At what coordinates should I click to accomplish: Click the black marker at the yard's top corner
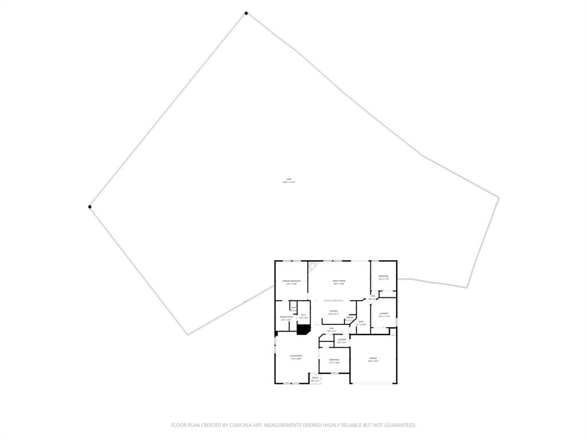pyautogui.click(x=246, y=13)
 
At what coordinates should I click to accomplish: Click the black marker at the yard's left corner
pyautogui.click(x=89, y=207)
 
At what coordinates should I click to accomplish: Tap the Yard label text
pyautogui.click(x=289, y=180)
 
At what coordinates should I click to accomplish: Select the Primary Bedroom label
pyautogui.click(x=291, y=281)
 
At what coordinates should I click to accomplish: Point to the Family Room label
pyautogui.click(x=339, y=281)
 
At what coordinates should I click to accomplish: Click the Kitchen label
pyautogui.click(x=334, y=312)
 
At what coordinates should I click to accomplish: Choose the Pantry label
pyautogui.click(x=350, y=317)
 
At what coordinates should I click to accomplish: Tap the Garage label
pyautogui.click(x=373, y=358)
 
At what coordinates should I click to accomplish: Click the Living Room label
pyautogui.click(x=296, y=356)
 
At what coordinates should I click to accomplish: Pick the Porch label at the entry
pyautogui.click(x=315, y=378)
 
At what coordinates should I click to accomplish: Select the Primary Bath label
pyautogui.click(x=286, y=317)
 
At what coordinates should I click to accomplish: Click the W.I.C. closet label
pyautogui.click(x=303, y=315)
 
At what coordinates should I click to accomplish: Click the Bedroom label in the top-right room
pyautogui.click(x=383, y=277)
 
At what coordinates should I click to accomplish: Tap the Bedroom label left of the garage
pyautogui.click(x=334, y=359)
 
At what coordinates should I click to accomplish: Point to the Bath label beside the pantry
pyautogui.click(x=361, y=322)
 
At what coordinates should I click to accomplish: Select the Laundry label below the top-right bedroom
pyautogui.click(x=383, y=313)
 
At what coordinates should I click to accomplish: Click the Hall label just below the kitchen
pyautogui.click(x=331, y=328)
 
